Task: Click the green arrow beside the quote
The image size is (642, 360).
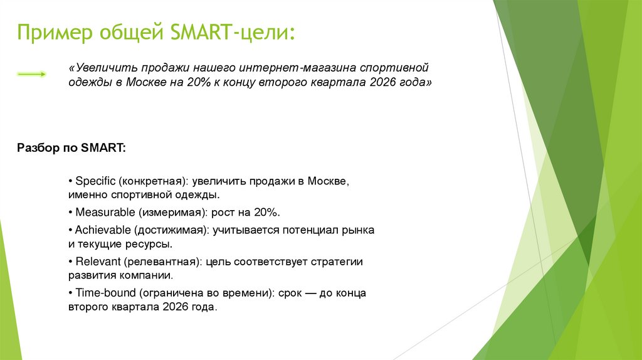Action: click(32, 74)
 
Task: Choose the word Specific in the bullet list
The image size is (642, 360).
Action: click(96, 181)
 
